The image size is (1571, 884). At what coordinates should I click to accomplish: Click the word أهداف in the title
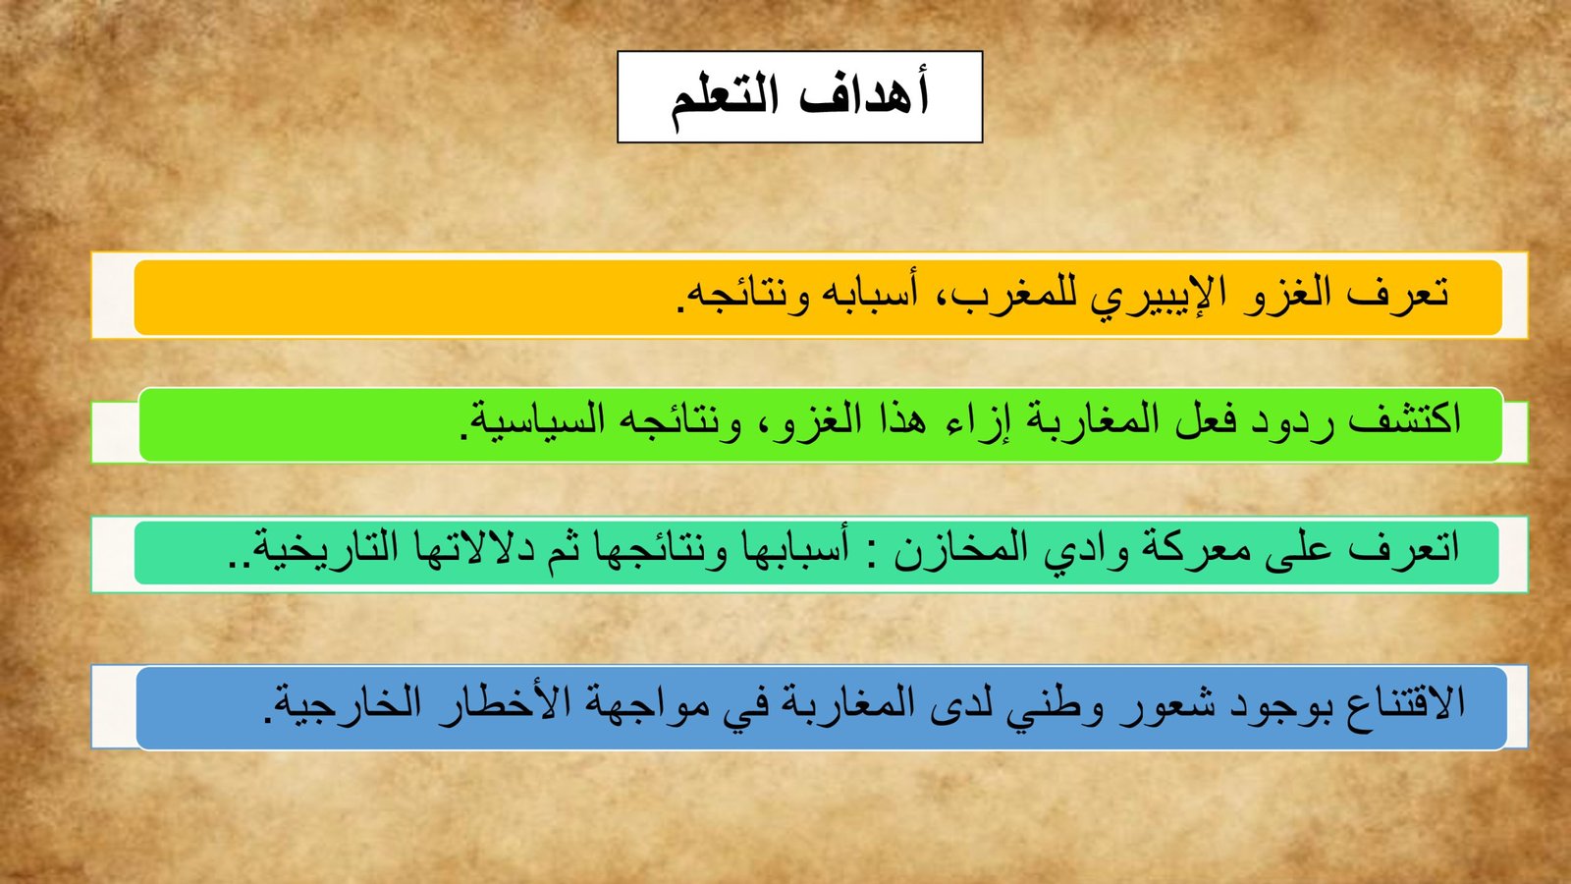(x=865, y=94)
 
